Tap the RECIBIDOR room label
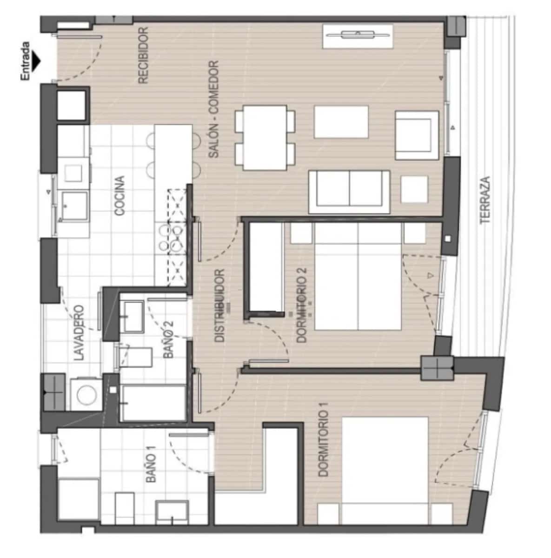point(143,55)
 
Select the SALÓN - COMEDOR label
point(213,110)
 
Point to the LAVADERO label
point(80,332)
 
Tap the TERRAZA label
point(486,199)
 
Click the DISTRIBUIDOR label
point(220,306)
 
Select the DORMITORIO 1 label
point(324,443)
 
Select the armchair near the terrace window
point(417,135)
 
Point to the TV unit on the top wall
point(358,36)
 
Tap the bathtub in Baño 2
point(153,403)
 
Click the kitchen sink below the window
point(74,207)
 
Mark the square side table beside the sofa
point(414,189)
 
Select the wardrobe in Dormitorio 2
point(266,267)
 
